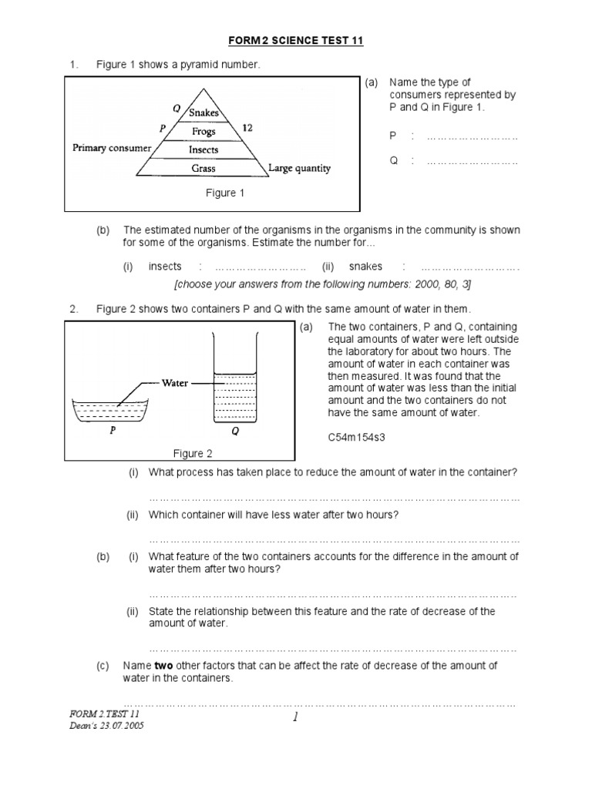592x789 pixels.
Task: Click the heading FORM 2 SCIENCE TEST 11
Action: click(x=295, y=41)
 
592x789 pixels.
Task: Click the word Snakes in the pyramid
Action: click(x=204, y=112)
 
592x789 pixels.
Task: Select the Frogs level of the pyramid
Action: click(x=204, y=132)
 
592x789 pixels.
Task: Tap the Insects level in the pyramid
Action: click(x=204, y=150)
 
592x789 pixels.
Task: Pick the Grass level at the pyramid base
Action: click(x=204, y=168)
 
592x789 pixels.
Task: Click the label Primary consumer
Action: click(x=111, y=147)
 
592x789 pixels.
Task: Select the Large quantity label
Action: click(x=301, y=168)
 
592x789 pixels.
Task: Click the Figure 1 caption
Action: click(x=224, y=193)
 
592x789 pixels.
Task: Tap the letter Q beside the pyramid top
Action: click(x=177, y=109)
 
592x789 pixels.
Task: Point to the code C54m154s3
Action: click(x=358, y=437)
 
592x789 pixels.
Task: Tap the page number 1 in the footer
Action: click(x=295, y=720)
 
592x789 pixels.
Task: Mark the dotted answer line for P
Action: click(x=472, y=136)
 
